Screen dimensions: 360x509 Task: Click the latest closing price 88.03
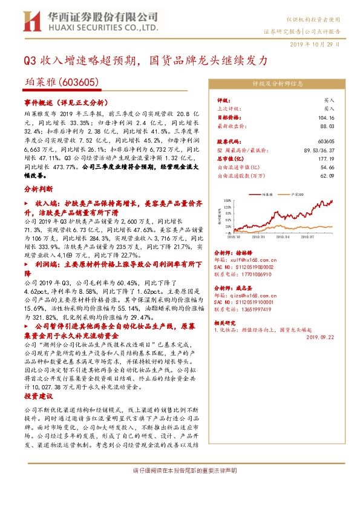(327, 125)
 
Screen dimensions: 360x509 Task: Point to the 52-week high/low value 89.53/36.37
(320, 149)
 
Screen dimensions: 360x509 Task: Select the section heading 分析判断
(36, 189)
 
